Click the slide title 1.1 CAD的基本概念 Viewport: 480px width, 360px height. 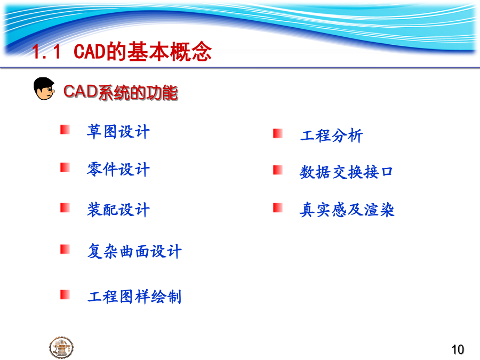(x=122, y=51)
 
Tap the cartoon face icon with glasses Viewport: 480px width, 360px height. (x=44, y=89)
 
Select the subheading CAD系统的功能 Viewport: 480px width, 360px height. (x=121, y=92)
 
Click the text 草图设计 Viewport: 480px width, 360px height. (x=118, y=132)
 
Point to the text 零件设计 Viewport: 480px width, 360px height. (x=118, y=169)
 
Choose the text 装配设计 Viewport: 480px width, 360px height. (x=118, y=210)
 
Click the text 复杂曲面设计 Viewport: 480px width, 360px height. (x=134, y=251)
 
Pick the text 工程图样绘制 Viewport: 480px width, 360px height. (x=134, y=297)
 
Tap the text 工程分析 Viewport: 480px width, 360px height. (x=332, y=135)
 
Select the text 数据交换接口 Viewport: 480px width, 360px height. (x=346, y=172)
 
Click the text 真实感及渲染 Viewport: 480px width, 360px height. (x=347, y=210)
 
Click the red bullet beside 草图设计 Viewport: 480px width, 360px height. (x=65, y=130)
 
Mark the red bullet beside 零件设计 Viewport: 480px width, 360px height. (x=65, y=167)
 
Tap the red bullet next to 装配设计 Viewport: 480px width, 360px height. (x=65, y=207)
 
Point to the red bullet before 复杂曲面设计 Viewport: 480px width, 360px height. (x=65, y=249)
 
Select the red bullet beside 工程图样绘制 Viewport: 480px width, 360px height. (x=65, y=294)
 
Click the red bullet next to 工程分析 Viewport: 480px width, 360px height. (x=278, y=133)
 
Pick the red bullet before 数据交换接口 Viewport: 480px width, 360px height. (x=278, y=170)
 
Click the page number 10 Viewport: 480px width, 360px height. (x=458, y=349)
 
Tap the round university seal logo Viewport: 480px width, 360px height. (x=61, y=347)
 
